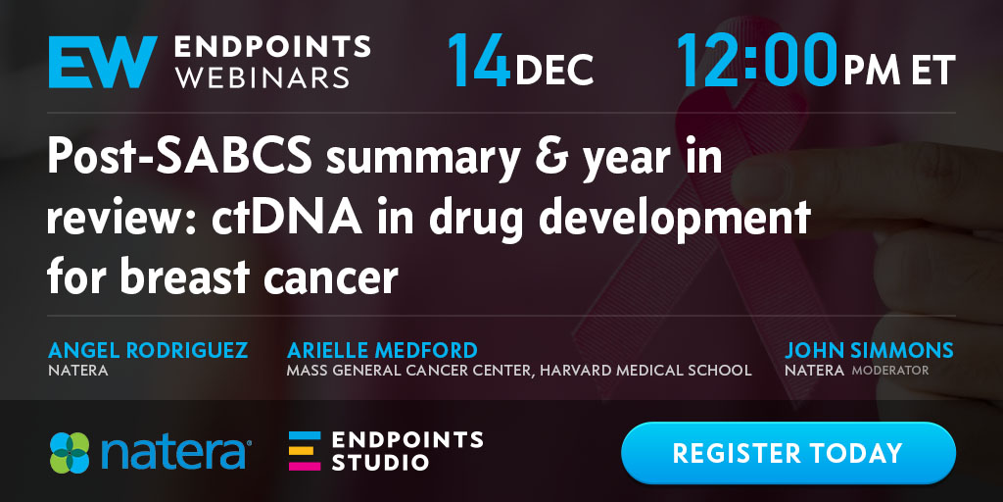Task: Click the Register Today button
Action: coord(788,453)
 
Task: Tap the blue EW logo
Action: coord(103,62)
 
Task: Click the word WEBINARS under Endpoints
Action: coord(263,76)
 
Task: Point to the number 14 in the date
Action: coord(479,61)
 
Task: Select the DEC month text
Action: coord(554,70)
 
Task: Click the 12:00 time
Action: coord(757,61)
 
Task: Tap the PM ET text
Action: coord(899,70)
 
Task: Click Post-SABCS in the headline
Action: coord(180,158)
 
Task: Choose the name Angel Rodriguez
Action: coord(148,350)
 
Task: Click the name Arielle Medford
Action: coord(383,350)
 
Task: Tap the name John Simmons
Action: coord(870,350)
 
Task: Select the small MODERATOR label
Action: coord(889,370)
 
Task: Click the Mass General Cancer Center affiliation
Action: coord(519,370)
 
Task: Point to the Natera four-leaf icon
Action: coord(70,453)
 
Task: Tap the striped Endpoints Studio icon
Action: coord(305,451)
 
